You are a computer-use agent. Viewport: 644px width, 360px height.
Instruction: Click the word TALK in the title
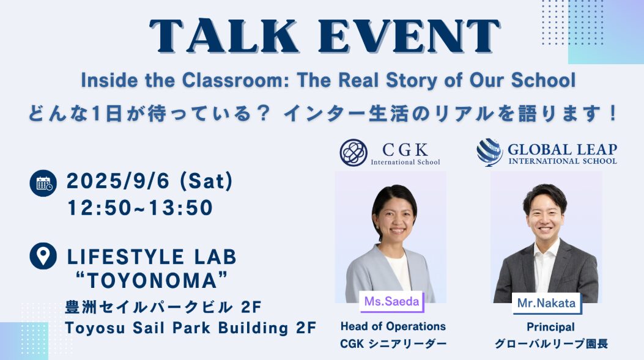(x=224, y=37)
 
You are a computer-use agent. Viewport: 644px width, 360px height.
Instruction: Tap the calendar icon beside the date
(x=43, y=183)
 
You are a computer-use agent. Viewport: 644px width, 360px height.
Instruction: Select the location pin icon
(x=43, y=256)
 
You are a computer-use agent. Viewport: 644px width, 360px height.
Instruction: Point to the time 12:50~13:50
(x=140, y=208)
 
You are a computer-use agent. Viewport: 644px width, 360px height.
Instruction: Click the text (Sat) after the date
(x=207, y=182)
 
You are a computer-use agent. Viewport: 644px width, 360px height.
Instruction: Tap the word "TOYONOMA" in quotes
(x=152, y=281)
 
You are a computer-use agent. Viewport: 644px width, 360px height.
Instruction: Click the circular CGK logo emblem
(x=353, y=152)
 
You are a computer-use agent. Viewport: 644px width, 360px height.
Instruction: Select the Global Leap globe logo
(x=489, y=152)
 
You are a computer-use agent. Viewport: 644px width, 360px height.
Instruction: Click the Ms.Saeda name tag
(x=391, y=301)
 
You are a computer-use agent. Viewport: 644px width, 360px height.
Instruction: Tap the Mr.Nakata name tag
(x=546, y=303)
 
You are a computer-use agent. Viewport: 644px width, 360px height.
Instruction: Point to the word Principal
(x=551, y=327)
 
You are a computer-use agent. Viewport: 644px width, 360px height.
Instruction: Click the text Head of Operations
(x=393, y=326)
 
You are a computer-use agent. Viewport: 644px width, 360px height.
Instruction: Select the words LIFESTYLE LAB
(x=152, y=257)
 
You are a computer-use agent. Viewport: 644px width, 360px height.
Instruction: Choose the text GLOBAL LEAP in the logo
(x=562, y=149)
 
